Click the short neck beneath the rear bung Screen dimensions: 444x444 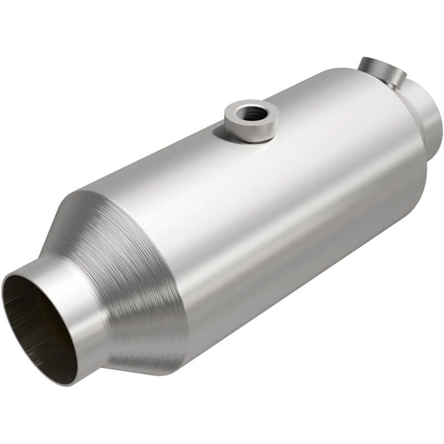[x=392, y=83]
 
